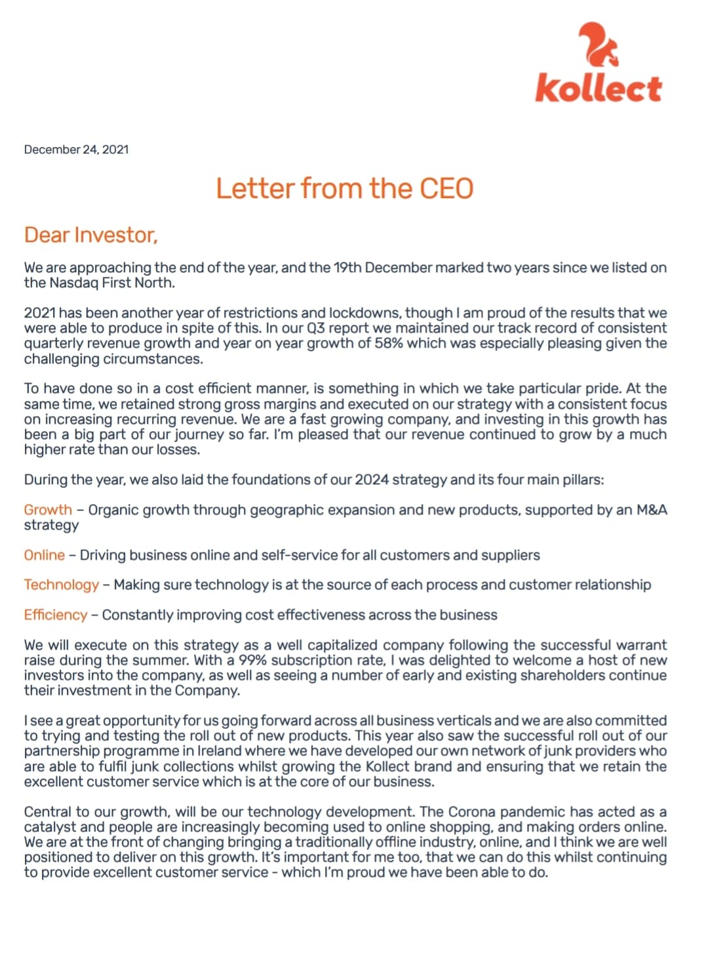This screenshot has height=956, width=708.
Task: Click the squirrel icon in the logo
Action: click(598, 45)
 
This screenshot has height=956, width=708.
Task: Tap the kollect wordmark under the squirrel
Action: click(598, 89)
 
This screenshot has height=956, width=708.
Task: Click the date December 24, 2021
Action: click(76, 150)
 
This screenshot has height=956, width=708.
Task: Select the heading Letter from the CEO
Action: click(345, 188)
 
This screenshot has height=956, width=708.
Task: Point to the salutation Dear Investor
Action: click(90, 235)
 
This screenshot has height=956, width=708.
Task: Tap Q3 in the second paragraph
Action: click(316, 328)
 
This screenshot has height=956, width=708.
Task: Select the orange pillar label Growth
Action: click(48, 510)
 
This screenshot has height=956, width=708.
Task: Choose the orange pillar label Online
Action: click(44, 555)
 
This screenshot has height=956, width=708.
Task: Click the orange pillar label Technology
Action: click(61, 585)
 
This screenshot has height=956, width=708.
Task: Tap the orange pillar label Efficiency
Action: click(55, 615)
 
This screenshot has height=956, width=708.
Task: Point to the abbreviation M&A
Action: click(652, 510)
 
